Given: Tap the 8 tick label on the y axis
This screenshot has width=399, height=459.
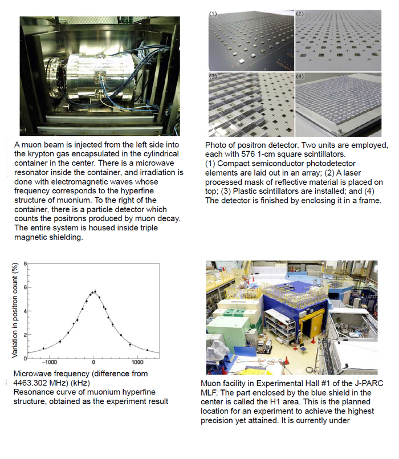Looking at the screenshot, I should click(x=24, y=264).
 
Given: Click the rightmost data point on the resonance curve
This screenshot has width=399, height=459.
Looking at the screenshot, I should click(x=147, y=350).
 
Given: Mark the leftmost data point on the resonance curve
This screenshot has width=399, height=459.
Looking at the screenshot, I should click(x=44, y=348).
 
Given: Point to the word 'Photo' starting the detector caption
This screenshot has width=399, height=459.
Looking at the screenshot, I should click(x=216, y=145).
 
